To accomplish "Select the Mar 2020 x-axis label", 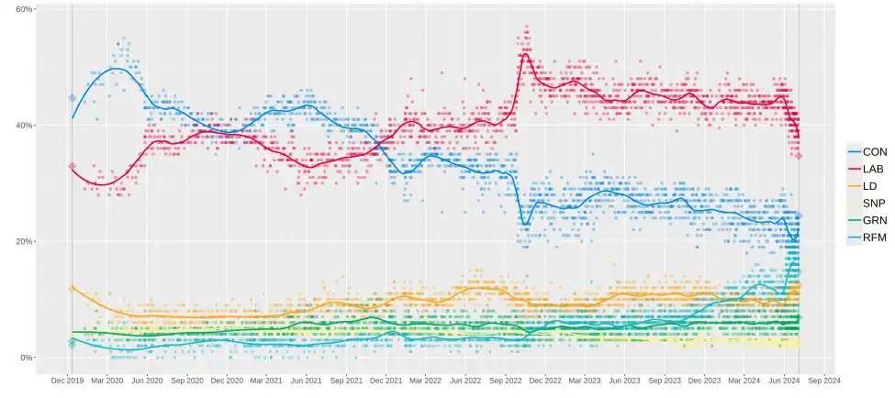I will point(107,380).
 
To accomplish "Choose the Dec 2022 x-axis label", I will point(545,380).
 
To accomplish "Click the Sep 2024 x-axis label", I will point(823,380).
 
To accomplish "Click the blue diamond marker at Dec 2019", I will point(73,98).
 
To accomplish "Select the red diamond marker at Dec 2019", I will point(73,166).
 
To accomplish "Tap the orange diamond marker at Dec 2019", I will point(73,289).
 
